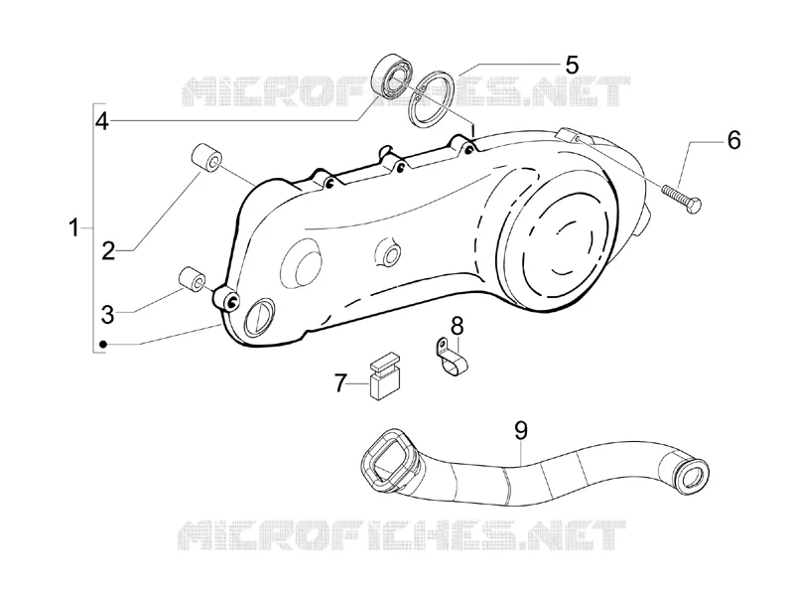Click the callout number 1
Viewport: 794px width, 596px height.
click(73, 228)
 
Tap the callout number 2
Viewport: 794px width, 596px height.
click(108, 251)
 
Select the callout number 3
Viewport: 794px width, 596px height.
click(108, 314)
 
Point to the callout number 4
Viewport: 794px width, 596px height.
click(102, 121)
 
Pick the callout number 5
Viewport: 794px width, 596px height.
click(572, 65)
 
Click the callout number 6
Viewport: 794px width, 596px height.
click(733, 140)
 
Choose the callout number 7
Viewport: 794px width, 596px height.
click(340, 382)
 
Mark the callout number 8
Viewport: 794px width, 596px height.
click(457, 326)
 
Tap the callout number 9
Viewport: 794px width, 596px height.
click(520, 431)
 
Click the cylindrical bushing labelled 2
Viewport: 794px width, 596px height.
click(206, 158)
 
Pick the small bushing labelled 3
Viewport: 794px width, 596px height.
click(192, 279)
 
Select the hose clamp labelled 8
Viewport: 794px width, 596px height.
click(452, 358)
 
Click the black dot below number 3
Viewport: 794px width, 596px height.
click(103, 345)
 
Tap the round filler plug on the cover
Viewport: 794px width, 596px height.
click(259, 317)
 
